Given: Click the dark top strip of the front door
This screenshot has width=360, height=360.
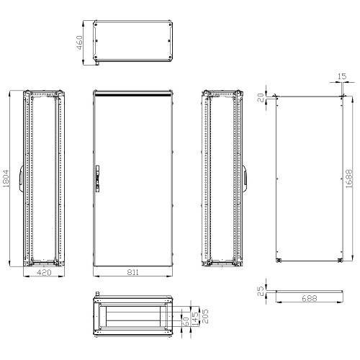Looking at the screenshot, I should click(133, 94).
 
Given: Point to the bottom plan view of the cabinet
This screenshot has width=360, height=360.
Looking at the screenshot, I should click(133, 317).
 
